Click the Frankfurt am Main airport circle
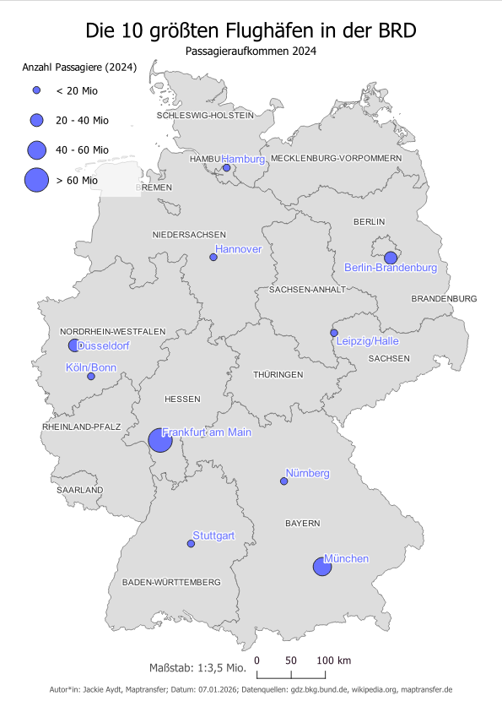[x=160, y=440]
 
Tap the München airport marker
[x=321, y=567]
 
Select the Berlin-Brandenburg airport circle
[x=390, y=258]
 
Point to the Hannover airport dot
[x=213, y=258]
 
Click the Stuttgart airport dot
[x=191, y=544]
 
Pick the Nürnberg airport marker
[x=283, y=481]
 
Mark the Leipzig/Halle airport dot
[x=334, y=333]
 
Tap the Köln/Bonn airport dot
[x=91, y=377]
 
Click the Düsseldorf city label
[x=105, y=346]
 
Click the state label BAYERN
[x=302, y=524]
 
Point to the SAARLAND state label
[x=79, y=490]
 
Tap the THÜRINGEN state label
[x=278, y=374]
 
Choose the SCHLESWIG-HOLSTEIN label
[x=205, y=115]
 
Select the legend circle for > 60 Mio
[x=36, y=180]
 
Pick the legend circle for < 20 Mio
[x=36, y=90]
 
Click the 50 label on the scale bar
[x=291, y=660]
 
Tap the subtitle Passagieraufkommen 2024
[x=251, y=52]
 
